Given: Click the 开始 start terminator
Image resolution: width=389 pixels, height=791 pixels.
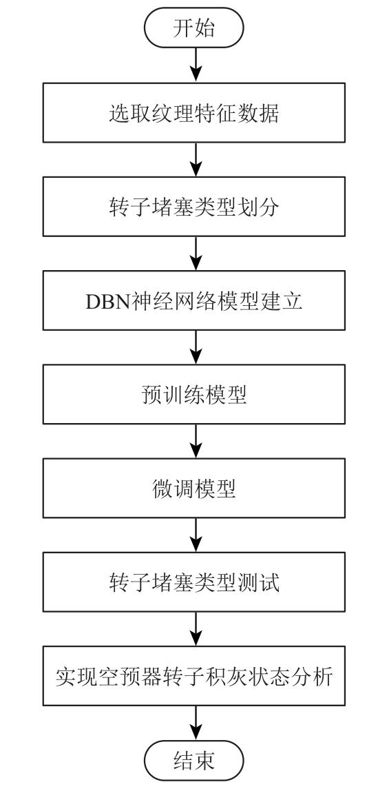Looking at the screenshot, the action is click(x=194, y=28).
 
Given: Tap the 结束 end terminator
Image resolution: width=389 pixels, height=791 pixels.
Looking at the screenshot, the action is click(x=194, y=760).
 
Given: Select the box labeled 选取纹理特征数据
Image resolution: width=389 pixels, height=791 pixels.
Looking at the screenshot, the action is click(x=194, y=113).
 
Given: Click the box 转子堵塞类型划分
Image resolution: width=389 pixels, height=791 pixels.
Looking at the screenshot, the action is click(x=194, y=207).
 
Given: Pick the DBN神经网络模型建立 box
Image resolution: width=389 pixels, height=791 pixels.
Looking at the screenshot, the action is click(x=194, y=300).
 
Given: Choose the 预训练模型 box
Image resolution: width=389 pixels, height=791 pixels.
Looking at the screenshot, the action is click(x=194, y=395).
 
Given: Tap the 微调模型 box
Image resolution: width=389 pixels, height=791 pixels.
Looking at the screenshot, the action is click(x=194, y=489).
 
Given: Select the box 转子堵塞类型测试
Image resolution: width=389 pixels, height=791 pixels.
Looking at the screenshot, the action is click(x=194, y=582).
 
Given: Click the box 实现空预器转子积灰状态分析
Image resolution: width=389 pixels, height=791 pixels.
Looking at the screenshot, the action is click(x=194, y=676).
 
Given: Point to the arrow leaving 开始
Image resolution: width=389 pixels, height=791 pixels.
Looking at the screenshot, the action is click(x=194, y=65).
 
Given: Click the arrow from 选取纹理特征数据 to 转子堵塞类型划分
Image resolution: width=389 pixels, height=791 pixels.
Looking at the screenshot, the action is click(x=194, y=160).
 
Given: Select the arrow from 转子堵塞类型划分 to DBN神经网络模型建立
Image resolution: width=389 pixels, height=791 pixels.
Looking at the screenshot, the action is click(x=194, y=254).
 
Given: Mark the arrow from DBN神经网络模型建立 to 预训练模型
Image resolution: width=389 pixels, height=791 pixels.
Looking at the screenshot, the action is click(x=194, y=347).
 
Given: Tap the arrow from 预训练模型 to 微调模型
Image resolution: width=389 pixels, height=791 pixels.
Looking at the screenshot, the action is click(x=194, y=442).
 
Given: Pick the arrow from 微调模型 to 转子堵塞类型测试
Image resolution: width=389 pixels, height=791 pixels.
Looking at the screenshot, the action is click(x=194, y=535).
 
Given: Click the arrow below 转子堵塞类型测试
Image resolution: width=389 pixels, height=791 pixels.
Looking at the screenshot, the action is click(x=194, y=629).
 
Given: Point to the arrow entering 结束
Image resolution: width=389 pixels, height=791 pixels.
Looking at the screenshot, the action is click(x=194, y=723).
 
